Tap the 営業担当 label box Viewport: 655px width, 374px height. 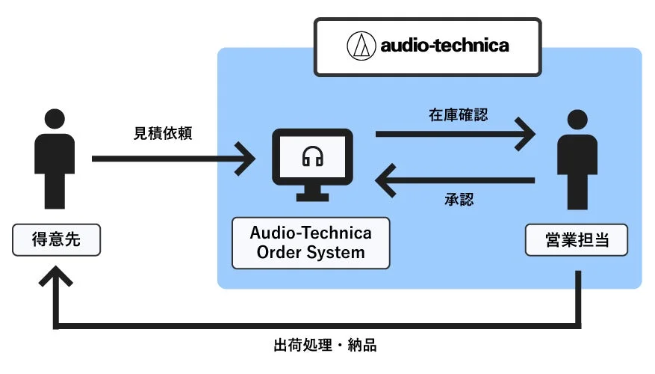[576, 240]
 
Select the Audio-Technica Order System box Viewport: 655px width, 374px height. [311, 242]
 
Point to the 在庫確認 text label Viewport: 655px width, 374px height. [458, 116]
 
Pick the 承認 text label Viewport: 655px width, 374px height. [457, 200]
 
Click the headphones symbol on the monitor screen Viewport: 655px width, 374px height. [311, 156]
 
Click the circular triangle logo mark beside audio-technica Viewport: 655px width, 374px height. [361, 46]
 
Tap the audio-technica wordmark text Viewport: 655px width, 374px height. [444, 46]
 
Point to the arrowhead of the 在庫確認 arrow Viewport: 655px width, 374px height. [527, 135]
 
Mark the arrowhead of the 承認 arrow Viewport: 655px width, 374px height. [385, 180]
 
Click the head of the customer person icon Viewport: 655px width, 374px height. [55, 120]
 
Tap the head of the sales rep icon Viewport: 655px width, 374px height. [577, 120]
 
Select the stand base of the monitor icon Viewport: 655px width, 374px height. [311, 197]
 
